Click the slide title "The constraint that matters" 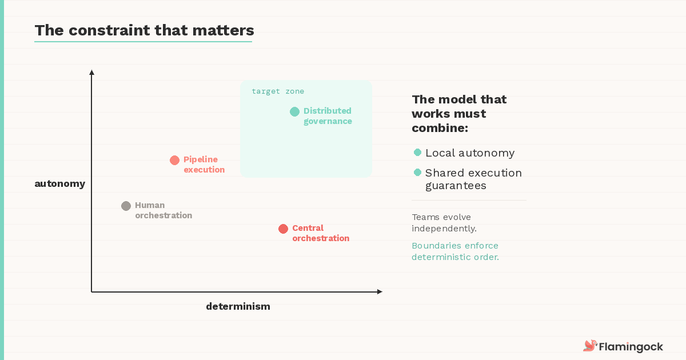pos(144,30)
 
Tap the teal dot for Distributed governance pos(294,112)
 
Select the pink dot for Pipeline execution pos(175,161)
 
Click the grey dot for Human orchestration pos(126,206)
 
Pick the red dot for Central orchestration pos(283,229)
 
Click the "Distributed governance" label pos(328,116)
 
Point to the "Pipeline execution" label pos(204,165)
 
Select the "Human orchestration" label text pos(163,210)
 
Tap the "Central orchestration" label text pos(321,233)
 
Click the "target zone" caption pos(278,91)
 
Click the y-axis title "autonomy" pos(59,183)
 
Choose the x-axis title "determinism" pos(238,306)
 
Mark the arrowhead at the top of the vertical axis pos(91,72)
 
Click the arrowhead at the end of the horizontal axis pos(380,292)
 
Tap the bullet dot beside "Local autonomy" pos(417,153)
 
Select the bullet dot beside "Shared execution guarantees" pos(417,173)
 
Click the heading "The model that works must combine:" pos(459,114)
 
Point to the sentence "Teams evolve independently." pos(444,223)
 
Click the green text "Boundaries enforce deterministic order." pos(455,251)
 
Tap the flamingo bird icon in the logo pos(589,346)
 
